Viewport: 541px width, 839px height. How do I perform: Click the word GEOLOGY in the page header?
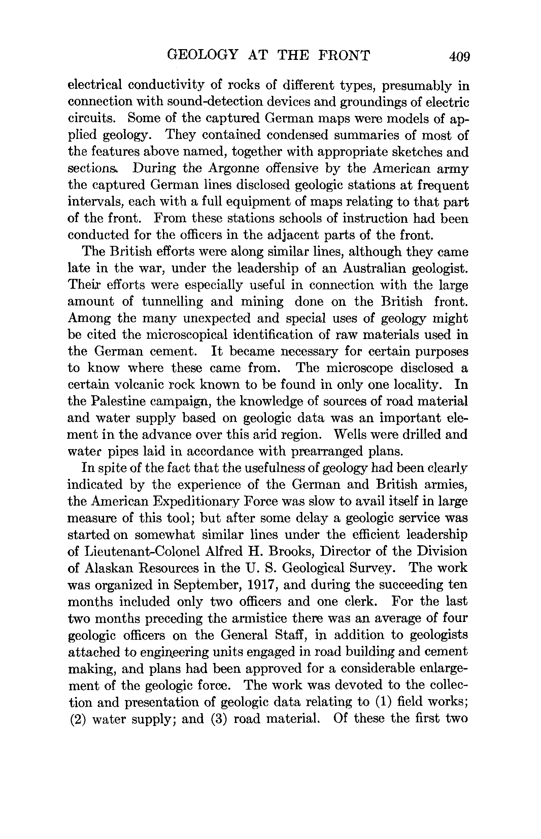click(203, 56)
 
